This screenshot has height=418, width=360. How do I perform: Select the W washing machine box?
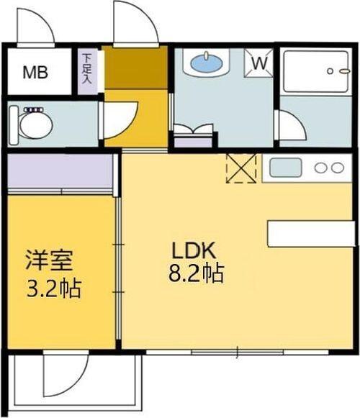click(259, 63)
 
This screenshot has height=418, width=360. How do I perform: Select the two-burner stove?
click(329, 168)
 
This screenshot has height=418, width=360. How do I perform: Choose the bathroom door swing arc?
click(290, 126)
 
